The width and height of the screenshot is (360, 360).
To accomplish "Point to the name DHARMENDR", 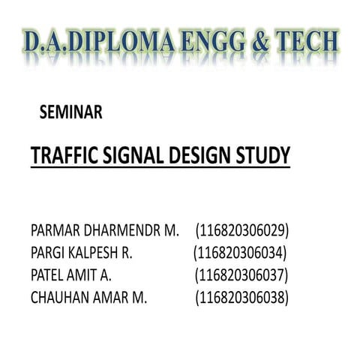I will click(x=125, y=229).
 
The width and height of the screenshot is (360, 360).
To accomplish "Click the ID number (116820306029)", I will click(x=242, y=229).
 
